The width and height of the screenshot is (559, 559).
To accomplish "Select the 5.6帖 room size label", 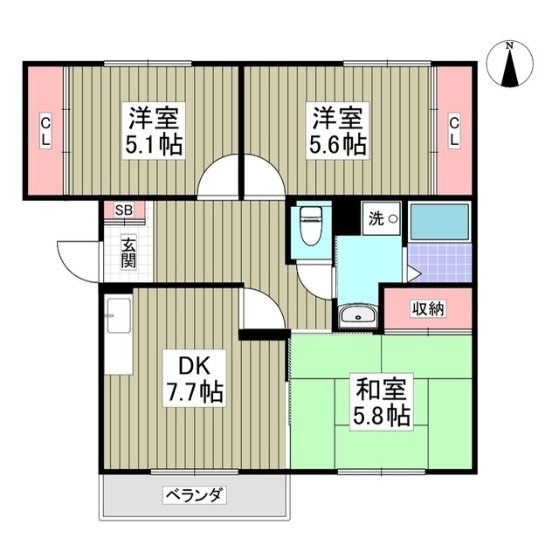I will (x=336, y=144).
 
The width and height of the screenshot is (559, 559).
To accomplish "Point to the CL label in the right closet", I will (x=454, y=132).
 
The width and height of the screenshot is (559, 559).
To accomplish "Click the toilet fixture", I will (x=309, y=228).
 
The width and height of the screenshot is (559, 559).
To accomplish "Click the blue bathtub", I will (x=439, y=222).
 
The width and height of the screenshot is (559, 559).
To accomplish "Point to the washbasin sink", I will (x=357, y=315).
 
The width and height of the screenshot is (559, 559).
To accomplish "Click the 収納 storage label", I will (x=428, y=307).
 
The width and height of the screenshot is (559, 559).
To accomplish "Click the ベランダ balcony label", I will (x=194, y=496).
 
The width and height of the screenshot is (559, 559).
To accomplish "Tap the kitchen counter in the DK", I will (x=119, y=335).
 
